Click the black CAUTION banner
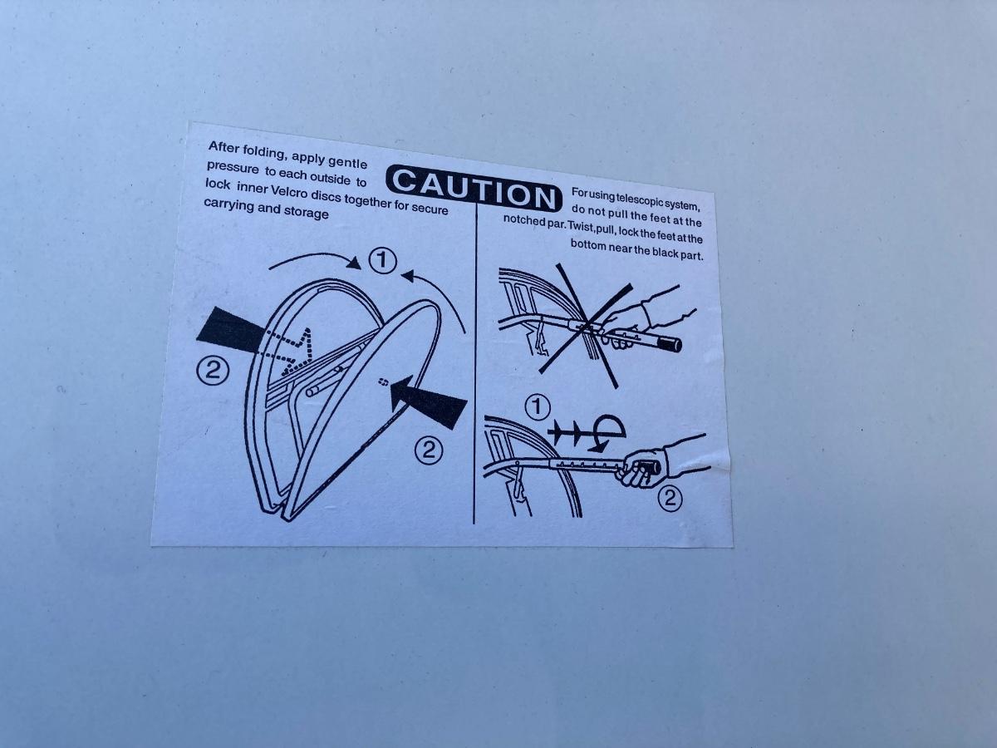click(474, 188)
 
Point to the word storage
click(306, 212)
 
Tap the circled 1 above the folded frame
click(382, 260)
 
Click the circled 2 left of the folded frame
click(212, 370)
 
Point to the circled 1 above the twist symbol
click(538, 407)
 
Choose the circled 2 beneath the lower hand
click(670, 499)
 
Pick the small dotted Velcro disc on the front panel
click(383, 382)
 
